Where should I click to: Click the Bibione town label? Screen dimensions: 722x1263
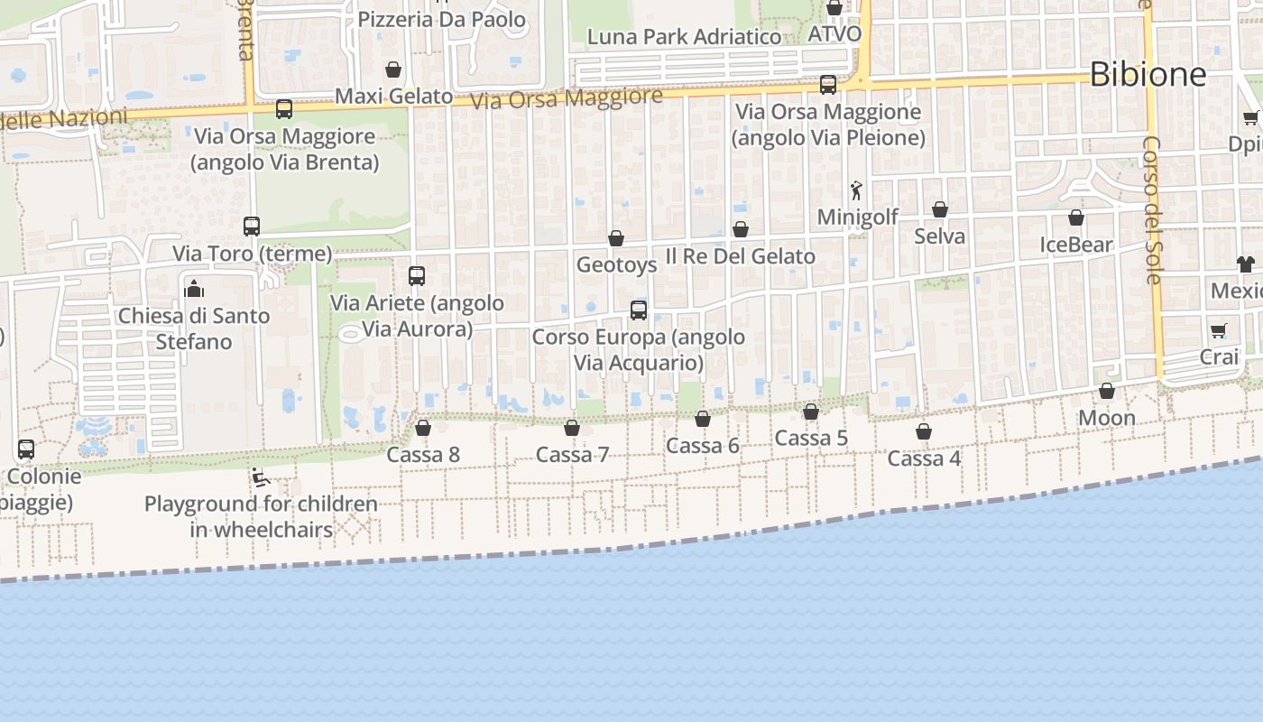(x=1148, y=74)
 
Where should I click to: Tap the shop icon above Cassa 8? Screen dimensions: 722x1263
(x=423, y=428)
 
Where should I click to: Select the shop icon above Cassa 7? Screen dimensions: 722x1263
(x=572, y=428)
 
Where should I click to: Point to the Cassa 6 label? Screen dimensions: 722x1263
(x=703, y=445)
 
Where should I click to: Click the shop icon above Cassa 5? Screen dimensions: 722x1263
(x=811, y=412)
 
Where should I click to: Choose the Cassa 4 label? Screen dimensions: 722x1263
(x=924, y=458)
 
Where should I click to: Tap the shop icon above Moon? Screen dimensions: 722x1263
(x=1107, y=391)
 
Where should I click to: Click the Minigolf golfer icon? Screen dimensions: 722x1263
(x=856, y=190)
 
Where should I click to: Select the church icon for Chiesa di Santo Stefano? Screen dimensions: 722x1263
(x=194, y=289)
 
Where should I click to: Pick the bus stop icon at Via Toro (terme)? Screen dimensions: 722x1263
(x=252, y=227)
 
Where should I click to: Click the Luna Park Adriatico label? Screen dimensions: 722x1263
(x=684, y=37)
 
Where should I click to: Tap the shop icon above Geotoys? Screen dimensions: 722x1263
(x=616, y=238)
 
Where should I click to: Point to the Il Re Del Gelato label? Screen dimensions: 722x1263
(x=740, y=256)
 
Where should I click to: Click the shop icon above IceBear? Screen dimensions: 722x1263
(x=1076, y=218)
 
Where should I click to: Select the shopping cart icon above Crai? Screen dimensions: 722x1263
(x=1219, y=330)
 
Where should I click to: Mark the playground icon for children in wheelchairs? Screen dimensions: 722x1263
(x=261, y=477)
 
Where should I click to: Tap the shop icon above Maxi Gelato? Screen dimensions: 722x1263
(x=393, y=69)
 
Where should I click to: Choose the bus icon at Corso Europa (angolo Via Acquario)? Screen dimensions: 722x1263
(x=639, y=310)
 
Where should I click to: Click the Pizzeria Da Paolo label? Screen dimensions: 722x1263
(x=442, y=19)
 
